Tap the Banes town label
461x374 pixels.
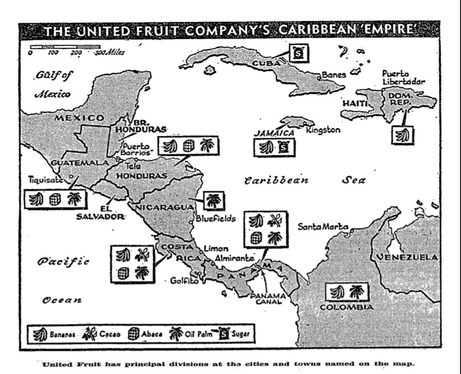(x=334, y=75)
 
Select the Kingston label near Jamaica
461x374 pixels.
(x=323, y=130)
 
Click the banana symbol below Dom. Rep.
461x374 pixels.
(x=402, y=135)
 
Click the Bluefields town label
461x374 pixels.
(x=215, y=219)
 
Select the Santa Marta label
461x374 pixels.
(x=323, y=226)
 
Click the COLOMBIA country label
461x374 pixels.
(x=347, y=307)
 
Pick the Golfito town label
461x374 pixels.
(x=184, y=280)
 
